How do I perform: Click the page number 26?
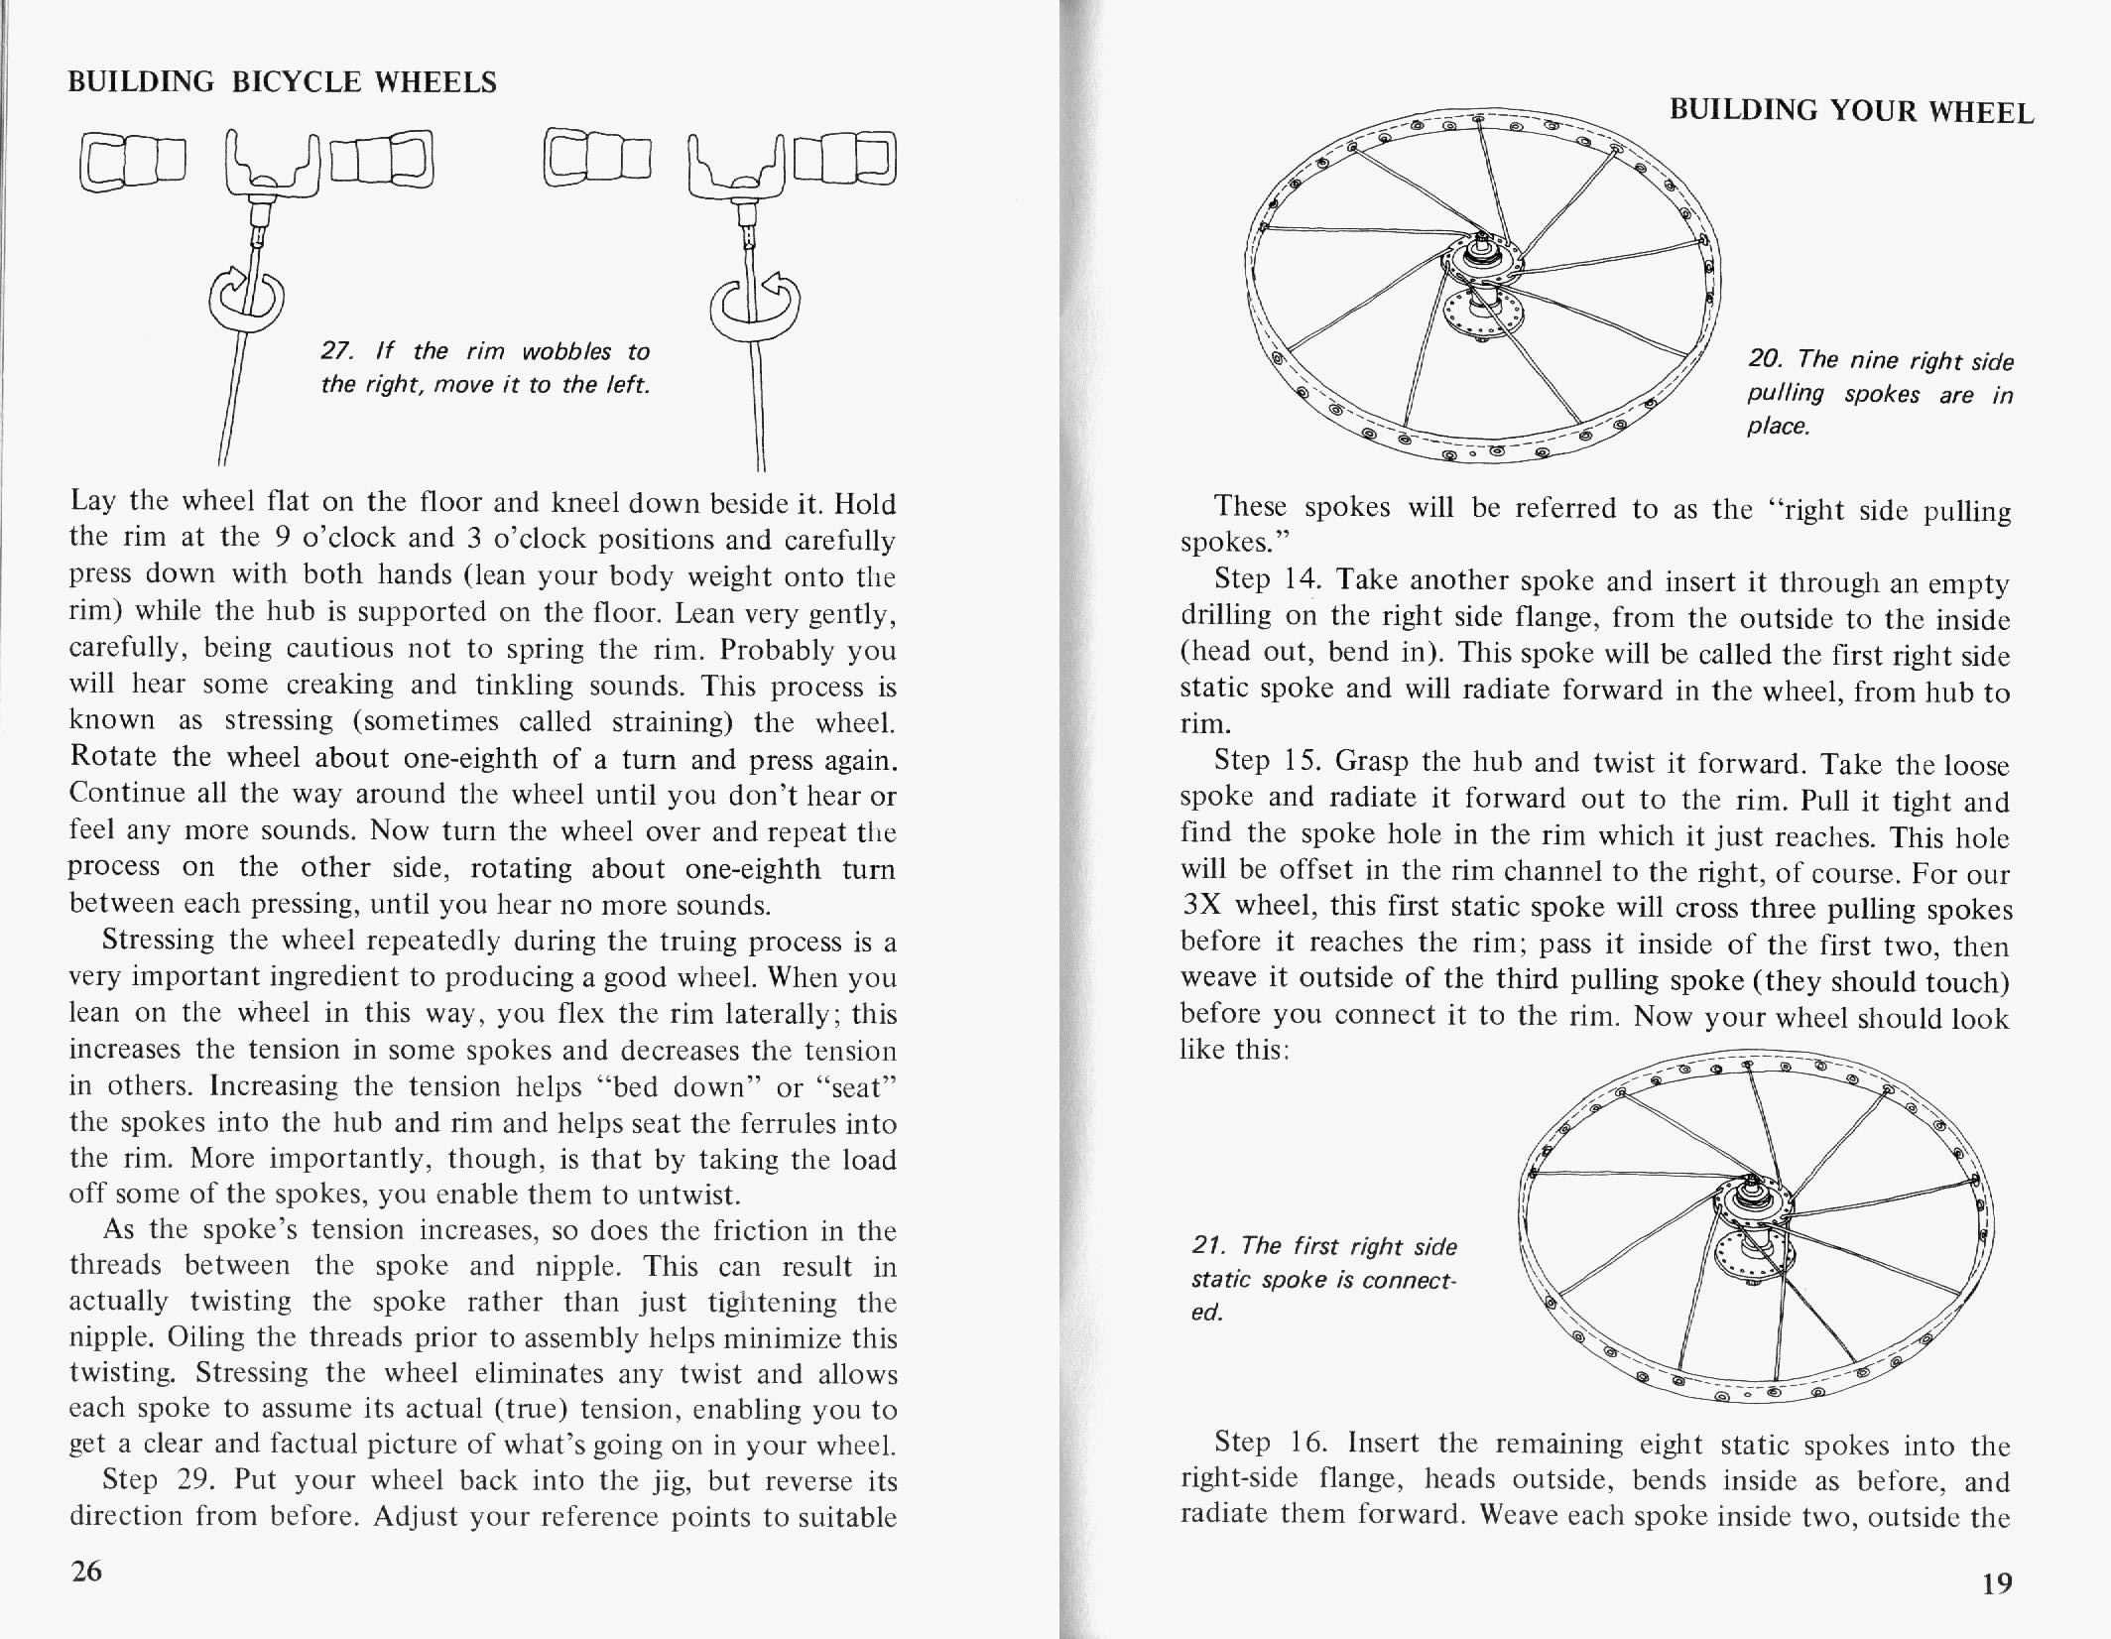pos(86,1571)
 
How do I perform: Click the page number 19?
pos(1997,1582)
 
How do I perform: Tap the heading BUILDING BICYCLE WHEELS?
pos(282,82)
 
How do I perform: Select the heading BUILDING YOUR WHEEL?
pos(1851,111)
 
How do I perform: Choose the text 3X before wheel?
pos(1200,906)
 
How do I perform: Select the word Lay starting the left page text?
pos(92,501)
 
